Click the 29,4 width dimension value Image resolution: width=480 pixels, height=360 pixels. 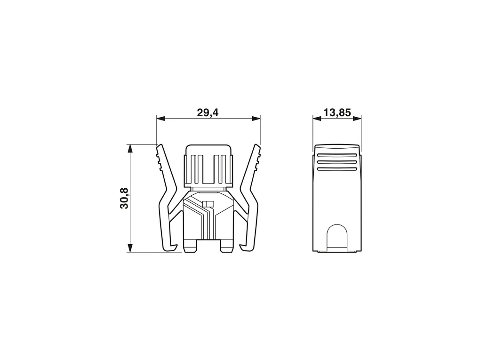[208, 112]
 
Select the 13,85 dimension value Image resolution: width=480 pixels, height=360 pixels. [337, 112]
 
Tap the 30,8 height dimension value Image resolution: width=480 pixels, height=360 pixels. [124, 198]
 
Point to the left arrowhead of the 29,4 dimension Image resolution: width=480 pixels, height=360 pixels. [161, 119]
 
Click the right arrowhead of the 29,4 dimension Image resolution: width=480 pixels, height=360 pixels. [256, 119]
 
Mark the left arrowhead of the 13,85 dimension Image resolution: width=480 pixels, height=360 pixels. [317, 119]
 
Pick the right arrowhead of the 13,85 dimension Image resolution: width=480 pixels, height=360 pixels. [357, 119]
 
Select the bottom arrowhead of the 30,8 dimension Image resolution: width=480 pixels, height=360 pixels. [130, 248]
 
